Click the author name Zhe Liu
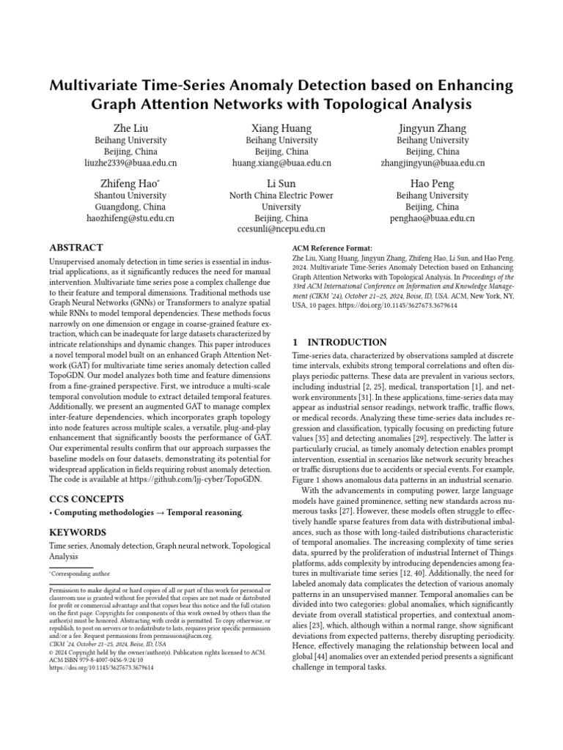130,128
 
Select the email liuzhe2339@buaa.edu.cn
130,163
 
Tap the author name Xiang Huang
281,128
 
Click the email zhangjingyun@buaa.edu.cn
433,163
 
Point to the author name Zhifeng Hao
130,183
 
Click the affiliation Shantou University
130,196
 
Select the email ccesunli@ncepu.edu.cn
281,229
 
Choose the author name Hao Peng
433,183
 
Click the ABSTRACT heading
76,248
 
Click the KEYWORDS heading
78,532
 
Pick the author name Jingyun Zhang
433,128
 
